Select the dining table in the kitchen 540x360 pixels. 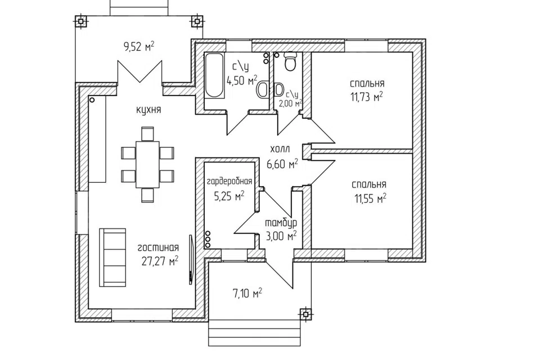(x=147, y=164)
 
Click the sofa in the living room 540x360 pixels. (x=112, y=257)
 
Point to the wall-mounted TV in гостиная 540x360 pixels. (x=191, y=259)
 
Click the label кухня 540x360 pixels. (x=148, y=110)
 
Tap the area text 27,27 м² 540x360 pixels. (x=160, y=261)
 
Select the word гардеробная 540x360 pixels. (x=229, y=182)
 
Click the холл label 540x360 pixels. (x=280, y=149)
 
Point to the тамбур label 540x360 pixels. (x=281, y=223)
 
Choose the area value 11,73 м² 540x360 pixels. (x=367, y=97)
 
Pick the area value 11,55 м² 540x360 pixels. (x=370, y=199)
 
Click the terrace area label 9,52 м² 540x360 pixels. (x=139, y=46)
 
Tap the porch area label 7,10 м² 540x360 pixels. (x=247, y=294)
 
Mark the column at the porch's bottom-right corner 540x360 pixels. (x=305, y=314)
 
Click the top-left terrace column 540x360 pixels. (x=80, y=21)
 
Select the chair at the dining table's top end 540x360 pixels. (x=147, y=134)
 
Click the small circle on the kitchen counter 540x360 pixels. (x=92, y=100)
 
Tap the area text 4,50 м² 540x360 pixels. (x=242, y=80)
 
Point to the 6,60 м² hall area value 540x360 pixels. (x=282, y=164)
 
